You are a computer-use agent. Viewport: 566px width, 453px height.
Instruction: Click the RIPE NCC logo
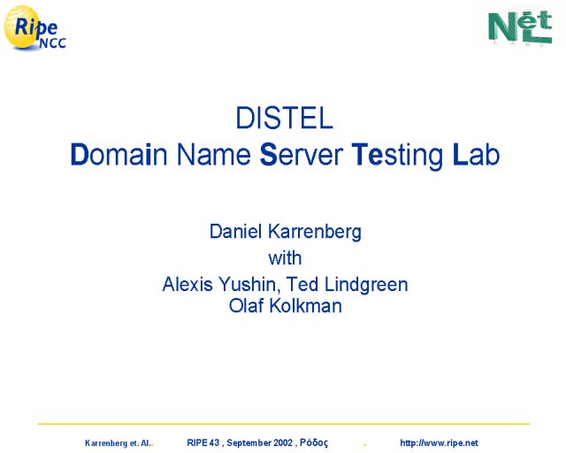[x=34, y=27]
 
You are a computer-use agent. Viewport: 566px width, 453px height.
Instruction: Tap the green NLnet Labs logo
[x=520, y=27]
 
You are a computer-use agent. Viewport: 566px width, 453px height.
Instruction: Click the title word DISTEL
[x=284, y=118]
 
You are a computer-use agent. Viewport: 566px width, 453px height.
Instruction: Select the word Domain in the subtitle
[x=119, y=154]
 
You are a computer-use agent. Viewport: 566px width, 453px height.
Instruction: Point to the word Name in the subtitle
[x=213, y=154]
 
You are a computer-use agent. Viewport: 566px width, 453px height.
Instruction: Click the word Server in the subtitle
[x=301, y=154]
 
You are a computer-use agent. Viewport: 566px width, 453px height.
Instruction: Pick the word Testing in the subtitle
[x=397, y=156]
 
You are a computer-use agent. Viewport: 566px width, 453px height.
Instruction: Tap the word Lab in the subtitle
[x=476, y=154]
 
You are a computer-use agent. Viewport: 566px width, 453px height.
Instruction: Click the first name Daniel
[x=235, y=231]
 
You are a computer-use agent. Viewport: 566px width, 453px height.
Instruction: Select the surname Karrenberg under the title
[x=315, y=233]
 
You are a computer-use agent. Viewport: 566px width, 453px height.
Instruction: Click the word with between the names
[x=285, y=258]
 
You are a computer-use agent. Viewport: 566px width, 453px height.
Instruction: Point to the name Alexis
[x=187, y=284]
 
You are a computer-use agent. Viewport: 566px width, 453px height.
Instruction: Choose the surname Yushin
[x=248, y=285]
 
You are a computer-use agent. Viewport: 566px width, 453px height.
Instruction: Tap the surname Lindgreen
[x=366, y=286]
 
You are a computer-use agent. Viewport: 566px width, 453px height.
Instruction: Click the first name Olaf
[x=246, y=305]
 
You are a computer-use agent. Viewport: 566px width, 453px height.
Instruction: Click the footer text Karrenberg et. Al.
[x=118, y=443]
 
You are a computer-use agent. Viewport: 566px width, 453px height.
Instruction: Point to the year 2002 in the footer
[x=283, y=443]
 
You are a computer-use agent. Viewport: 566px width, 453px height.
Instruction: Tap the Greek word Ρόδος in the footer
[x=314, y=443]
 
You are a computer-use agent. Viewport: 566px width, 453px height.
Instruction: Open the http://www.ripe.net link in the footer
[x=439, y=443]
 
